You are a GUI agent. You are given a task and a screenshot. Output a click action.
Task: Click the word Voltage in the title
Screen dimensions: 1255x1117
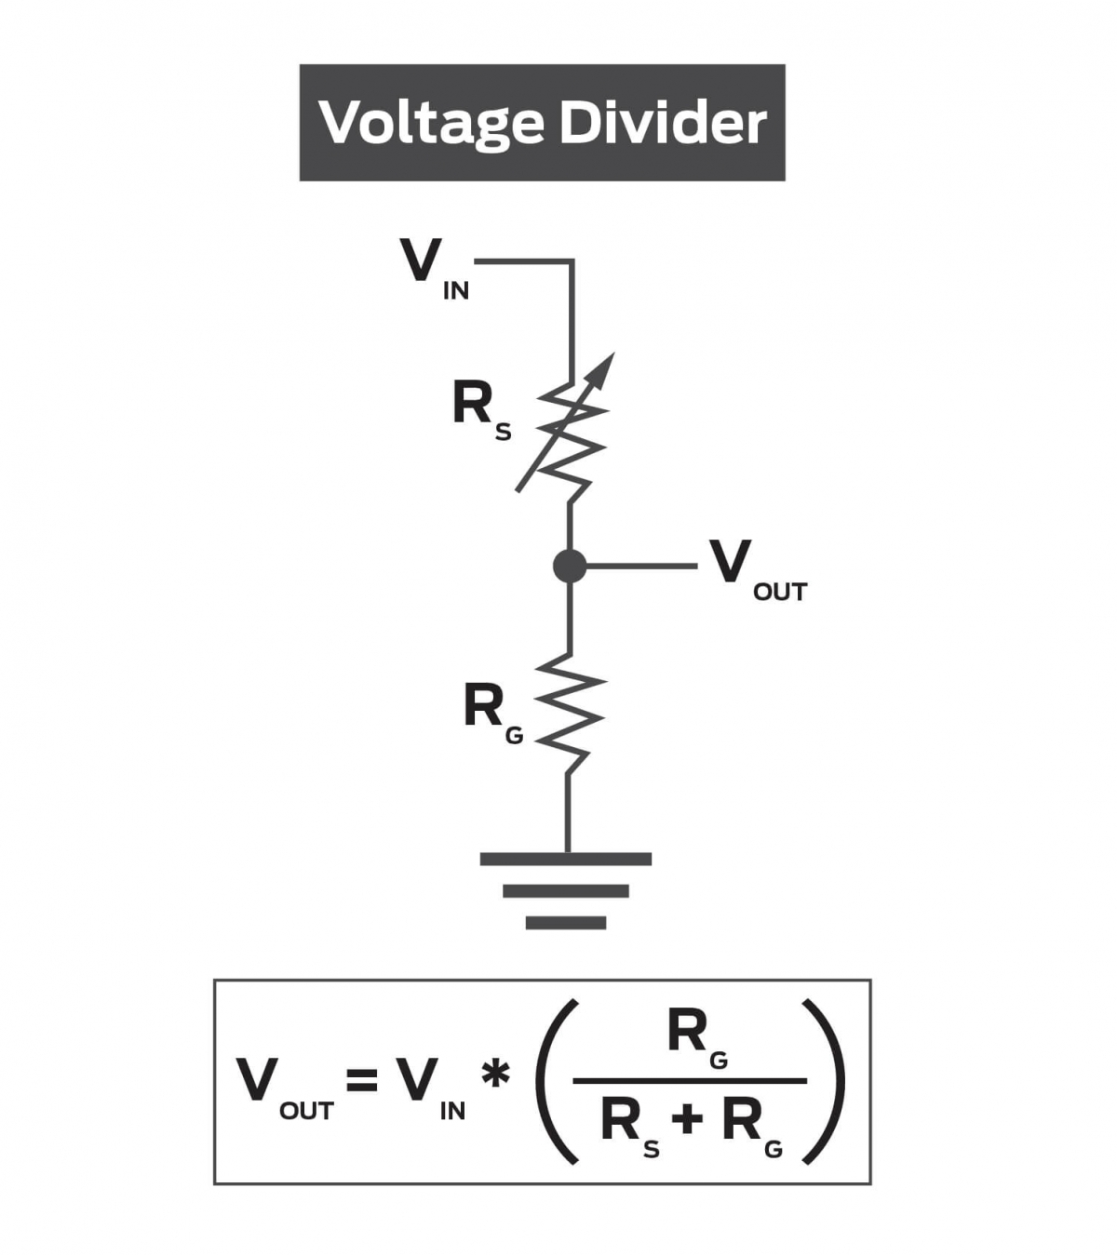coord(430,123)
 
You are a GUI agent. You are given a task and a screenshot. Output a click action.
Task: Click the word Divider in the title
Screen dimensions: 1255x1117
coord(663,122)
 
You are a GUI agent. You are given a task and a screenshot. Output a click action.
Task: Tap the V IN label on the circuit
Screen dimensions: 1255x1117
coord(434,268)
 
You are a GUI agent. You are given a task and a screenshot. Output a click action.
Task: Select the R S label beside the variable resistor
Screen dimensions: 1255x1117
coord(480,410)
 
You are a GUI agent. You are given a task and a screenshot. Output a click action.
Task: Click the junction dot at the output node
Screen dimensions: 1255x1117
coord(570,566)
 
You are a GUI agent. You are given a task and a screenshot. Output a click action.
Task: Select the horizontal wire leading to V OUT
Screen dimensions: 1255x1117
coord(642,566)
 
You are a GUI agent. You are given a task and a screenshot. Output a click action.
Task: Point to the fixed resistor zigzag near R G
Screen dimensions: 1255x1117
coord(570,714)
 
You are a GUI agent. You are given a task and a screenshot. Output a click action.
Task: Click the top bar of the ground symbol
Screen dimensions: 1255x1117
coord(565,859)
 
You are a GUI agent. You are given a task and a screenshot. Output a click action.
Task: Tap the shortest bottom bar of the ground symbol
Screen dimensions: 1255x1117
coord(565,923)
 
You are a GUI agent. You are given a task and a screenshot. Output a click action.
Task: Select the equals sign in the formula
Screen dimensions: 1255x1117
coord(361,1080)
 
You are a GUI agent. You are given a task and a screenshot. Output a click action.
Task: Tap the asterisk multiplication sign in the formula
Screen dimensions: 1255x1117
coord(495,1075)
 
